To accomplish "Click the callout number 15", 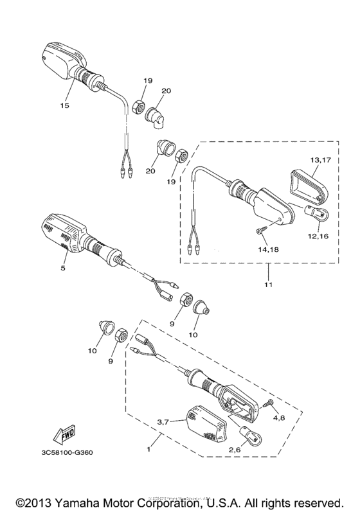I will pyautogui.click(x=64, y=105).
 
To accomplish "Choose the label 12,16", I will pyautogui.click(x=318, y=236).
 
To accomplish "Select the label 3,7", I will pyautogui.click(x=166, y=422).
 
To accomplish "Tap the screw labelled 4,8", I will pyautogui.click(x=267, y=403).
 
